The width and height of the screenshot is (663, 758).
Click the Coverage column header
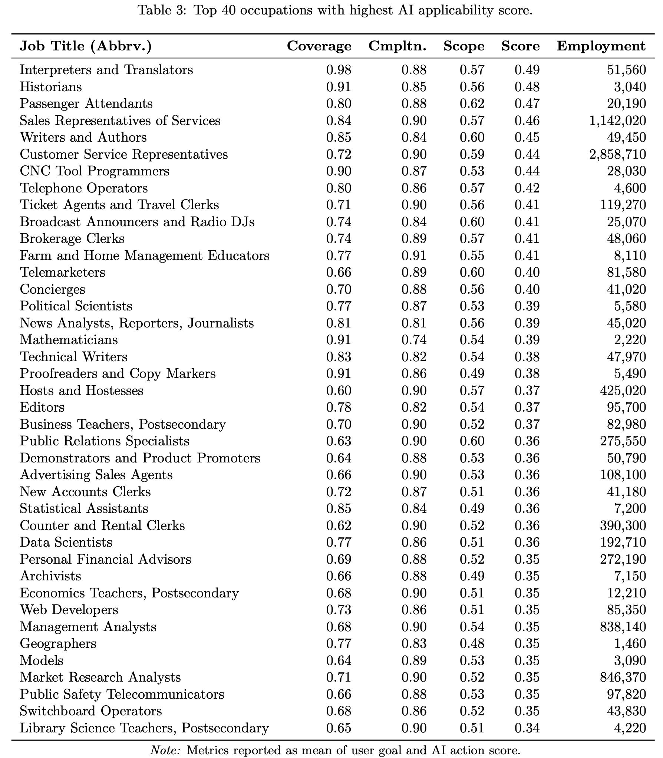(319, 46)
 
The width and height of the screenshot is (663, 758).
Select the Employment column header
(601, 46)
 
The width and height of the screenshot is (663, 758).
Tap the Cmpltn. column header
(397, 46)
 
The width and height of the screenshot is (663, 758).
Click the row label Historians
(51, 87)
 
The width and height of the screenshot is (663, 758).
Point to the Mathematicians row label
(69, 340)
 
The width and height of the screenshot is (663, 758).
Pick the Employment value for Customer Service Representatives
(617, 154)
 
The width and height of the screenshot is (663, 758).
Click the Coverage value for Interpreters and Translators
(339, 70)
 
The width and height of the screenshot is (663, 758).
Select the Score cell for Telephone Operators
(527, 188)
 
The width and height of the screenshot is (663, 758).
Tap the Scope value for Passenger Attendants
(472, 103)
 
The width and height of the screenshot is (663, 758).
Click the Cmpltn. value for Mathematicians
(414, 340)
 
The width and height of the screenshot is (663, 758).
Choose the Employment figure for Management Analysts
(623, 627)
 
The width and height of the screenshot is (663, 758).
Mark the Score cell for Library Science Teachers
(527, 728)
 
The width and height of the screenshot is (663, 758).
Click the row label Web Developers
(69, 610)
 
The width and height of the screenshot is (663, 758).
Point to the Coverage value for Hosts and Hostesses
(339, 390)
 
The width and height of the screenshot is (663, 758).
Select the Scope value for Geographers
(472, 643)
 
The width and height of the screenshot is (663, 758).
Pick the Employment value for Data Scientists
(623, 542)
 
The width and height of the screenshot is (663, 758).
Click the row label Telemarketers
(62, 272)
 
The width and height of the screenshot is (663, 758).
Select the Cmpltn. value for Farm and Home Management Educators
(414, 256)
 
